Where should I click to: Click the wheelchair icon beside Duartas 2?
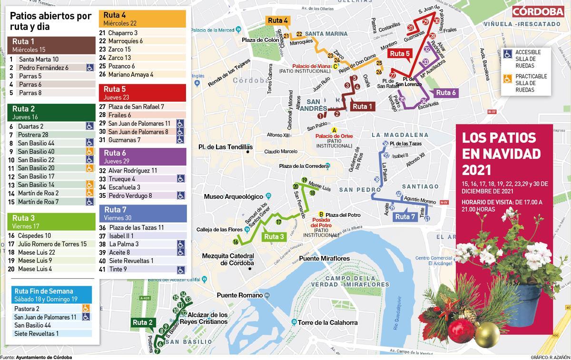89,126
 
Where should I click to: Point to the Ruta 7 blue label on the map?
405,217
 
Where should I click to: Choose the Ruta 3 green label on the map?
274,236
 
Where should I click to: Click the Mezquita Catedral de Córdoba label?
228,259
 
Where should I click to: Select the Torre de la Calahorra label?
327,322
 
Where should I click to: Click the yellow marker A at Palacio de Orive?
334,130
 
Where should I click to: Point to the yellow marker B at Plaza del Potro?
321,214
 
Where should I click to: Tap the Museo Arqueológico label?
233,196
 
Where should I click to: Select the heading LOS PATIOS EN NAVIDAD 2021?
502,154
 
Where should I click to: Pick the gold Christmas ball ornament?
487,334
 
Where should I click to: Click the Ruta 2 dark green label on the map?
143,322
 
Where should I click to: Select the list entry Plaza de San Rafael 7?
136,107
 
